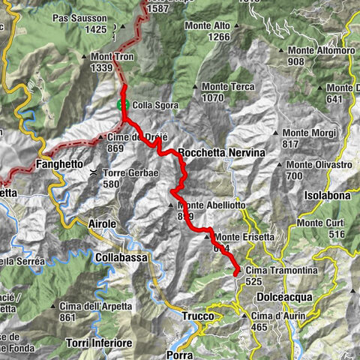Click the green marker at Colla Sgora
point(124,105)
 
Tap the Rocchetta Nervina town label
point(223,152)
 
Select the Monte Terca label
point(223,87)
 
